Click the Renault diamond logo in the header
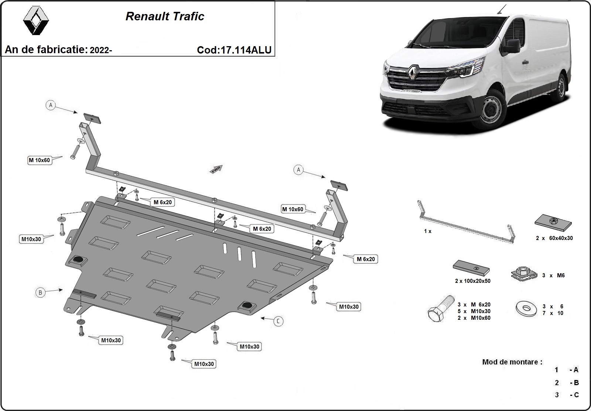pos(36,21)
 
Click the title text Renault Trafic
pos(165,17)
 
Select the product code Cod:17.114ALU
pos(234,50)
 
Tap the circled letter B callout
pos(40,292)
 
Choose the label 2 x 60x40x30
pos(554,238)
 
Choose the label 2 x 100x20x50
pos(472,281)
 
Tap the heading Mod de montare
pos(512,362)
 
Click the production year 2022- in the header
pos(100,50)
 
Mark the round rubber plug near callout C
pos(246,305)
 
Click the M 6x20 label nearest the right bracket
pos(366,259)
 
